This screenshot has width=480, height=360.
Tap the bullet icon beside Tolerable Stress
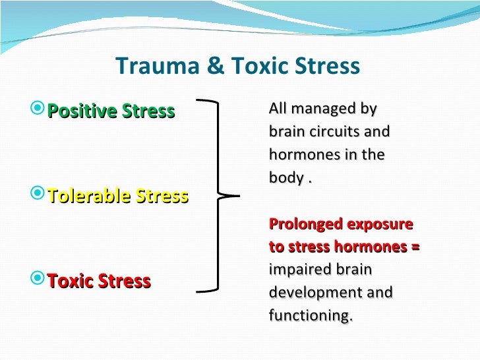pyautogui.click(x=39, y=195)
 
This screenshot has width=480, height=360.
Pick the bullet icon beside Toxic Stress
pyautogui.click(x=39, y=281)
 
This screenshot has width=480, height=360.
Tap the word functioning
pyautogui.click(x=311, y=316)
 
